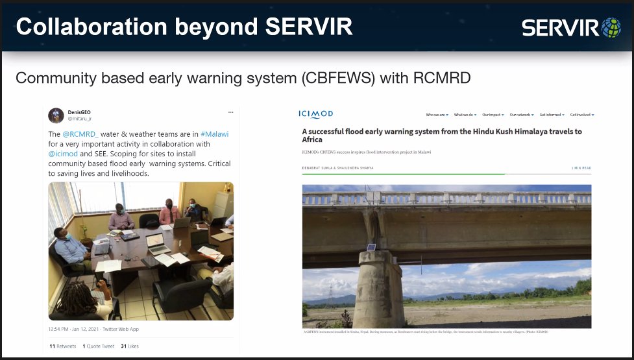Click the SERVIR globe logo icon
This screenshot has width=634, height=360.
(611, 27)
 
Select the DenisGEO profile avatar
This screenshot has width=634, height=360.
(56, 115)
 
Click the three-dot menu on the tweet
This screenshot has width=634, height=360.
(230, 112)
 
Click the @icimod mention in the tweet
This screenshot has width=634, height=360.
(63, 154)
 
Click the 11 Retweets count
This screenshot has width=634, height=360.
(62, 346)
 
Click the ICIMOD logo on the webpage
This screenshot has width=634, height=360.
(316, 114)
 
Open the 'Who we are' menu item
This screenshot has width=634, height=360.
(437, 115)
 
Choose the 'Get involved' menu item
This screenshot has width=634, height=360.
(581, 115)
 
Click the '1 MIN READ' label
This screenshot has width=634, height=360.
(581, 168)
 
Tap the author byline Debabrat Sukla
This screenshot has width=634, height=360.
(319, 168)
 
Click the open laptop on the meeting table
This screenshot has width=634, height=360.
(158, 243)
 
